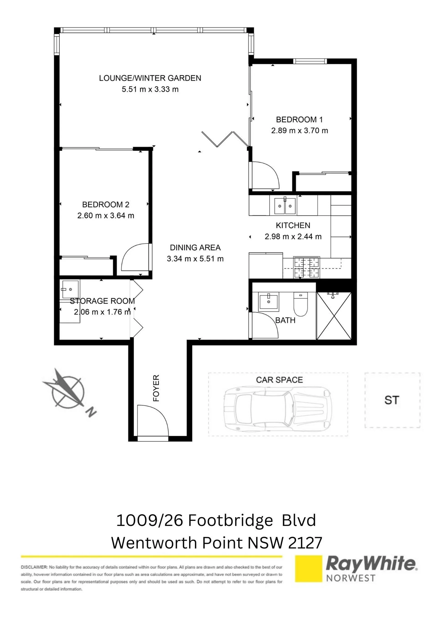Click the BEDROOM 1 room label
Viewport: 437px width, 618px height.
coord(299,120)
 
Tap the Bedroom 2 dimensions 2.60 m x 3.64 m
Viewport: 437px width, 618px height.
coord(106,216)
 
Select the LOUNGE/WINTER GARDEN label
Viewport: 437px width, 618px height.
coord(150,78)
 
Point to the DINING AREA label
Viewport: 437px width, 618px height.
coord(195,248)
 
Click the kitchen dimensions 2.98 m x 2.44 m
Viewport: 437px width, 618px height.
coord(293,237)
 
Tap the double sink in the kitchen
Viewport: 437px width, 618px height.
coord(285,206)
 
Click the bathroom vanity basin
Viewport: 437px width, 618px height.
coord(269,301)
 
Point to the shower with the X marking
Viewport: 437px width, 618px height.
coord(334,316)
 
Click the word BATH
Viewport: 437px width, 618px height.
coord(285,320)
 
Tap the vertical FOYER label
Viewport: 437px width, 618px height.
coord(156,388)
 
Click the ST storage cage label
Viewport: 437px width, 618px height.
coord(391,400)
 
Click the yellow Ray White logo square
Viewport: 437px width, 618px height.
coord(309,568)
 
